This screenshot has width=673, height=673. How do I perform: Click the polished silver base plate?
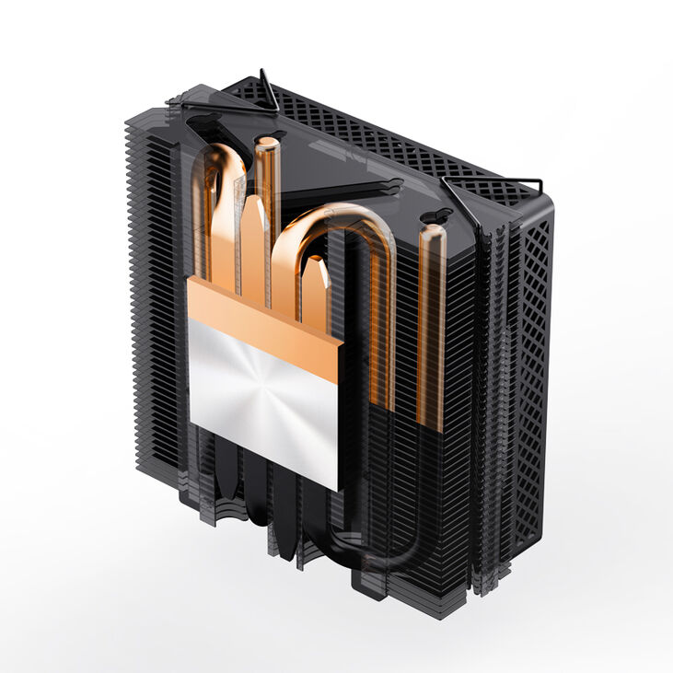[x=262, y=405]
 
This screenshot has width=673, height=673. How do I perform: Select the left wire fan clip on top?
[x=268, y=92]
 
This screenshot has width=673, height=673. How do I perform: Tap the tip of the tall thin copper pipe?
[x=266, y=143]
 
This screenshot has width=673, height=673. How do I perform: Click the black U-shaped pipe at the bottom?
[x=368, y=552]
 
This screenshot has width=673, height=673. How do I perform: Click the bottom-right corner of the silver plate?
[x=336, y=489]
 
